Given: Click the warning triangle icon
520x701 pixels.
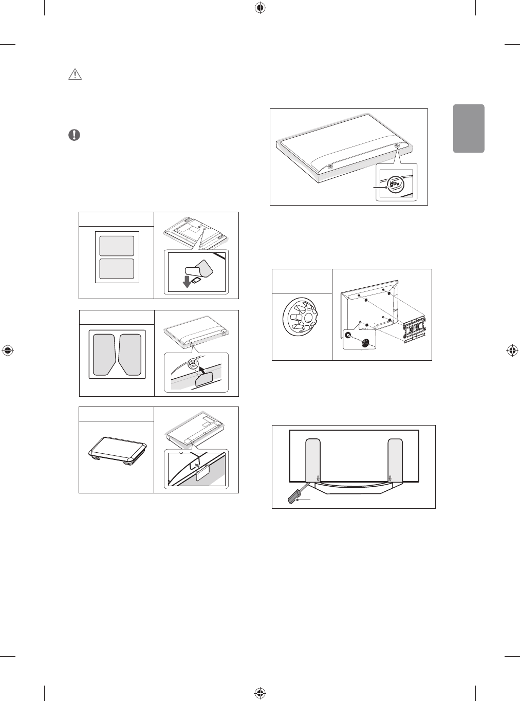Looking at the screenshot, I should (x=76, y=75).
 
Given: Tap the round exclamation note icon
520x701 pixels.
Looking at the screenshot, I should (x=75, y=135).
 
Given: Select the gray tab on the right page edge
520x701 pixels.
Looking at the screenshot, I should (x=469, y=128).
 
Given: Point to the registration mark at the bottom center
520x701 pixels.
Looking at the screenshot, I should (x=259, y=692).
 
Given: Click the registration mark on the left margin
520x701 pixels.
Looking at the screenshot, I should (x=8, y=350).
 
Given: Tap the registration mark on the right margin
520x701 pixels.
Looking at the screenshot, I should (x=512, y=350).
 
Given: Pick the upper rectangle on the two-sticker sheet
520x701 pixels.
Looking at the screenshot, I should (x=117, y=246).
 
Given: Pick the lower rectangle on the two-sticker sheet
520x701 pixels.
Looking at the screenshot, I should (x=117, y=268).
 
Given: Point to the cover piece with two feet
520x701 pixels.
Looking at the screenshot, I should (x=117, y=450).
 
